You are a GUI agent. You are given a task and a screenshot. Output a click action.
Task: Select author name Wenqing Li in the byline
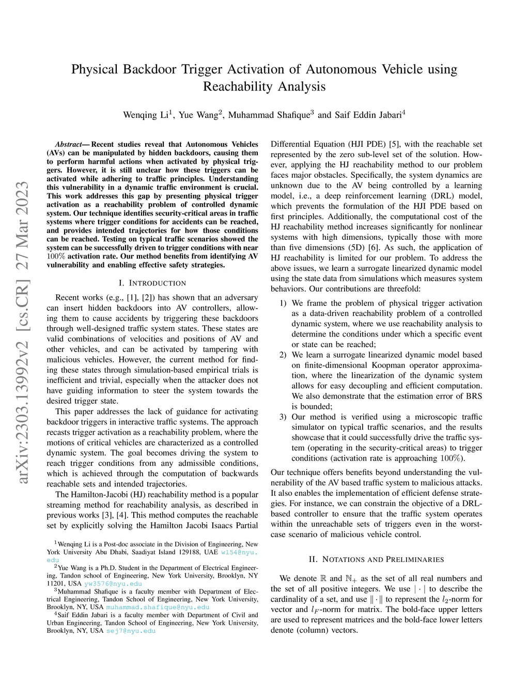point(146,115)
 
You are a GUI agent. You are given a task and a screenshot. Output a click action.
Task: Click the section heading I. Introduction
point(152,283)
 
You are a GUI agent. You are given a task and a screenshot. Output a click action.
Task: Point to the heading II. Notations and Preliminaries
point(376,559)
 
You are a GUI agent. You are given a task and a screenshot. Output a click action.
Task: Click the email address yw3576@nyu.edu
point(113,583)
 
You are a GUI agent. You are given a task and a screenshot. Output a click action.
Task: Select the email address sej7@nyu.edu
point(131,631)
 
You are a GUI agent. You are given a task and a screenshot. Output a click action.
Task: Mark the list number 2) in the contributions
point(283,355)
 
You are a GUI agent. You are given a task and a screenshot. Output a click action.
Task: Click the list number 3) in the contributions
point(283,417)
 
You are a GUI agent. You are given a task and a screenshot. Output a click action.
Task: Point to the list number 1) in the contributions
point(283,303)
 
